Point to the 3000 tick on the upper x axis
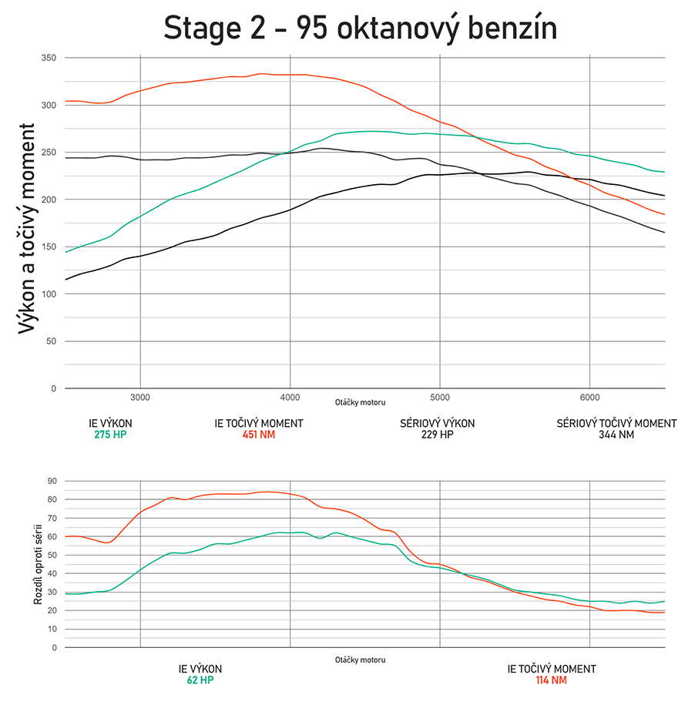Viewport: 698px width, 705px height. tap(139, 398)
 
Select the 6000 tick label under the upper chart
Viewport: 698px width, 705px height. tap(589, 398)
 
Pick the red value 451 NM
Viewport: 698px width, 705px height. tap(258, 435)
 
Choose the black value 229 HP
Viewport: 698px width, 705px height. tap(437, 435)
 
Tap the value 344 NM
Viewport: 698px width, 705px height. tap(616, 435)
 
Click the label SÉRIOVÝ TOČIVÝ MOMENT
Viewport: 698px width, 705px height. tap(616, 423)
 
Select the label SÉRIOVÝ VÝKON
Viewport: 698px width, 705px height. tap(437, 423)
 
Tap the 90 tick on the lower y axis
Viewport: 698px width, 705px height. tap(52, 481)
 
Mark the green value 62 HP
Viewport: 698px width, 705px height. tap(200, 680)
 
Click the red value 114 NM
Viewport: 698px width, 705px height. tap(551, 680)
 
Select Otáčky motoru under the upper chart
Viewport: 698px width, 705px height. tap(360, 402)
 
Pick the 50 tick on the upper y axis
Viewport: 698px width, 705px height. tap(51, 341)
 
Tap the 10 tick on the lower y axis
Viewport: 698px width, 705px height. tap(52, 629)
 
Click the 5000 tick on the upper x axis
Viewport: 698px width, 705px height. tap(439, 398)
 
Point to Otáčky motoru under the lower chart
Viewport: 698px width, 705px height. tap(360, 660)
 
